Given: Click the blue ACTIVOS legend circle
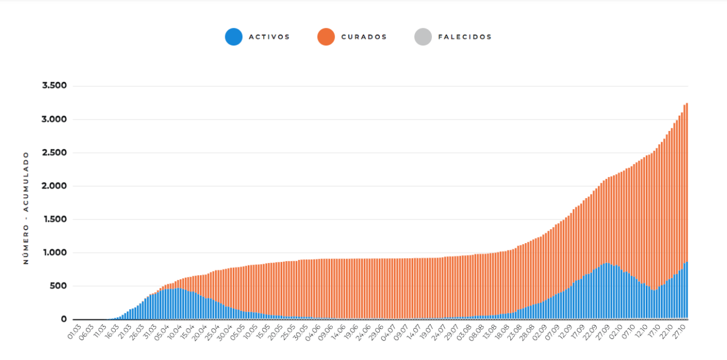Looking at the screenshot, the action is coord(234,37).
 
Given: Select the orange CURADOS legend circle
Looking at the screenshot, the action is coord(326,37).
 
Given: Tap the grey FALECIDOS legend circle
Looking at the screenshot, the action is coord(423,37).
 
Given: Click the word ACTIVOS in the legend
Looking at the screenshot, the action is coord(270,37).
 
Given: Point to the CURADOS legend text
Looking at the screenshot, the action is coord(364,37).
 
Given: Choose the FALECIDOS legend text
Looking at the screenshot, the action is coord(465,37).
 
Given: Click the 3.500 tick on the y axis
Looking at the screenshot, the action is coord(54,85).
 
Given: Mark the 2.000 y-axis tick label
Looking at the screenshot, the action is coord(54,186).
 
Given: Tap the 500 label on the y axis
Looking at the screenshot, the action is coord(58,286).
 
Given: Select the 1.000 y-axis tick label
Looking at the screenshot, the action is coord(55,253).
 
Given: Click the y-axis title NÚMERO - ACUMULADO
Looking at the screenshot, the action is coord(26,208).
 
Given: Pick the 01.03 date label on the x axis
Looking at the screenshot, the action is coord(75,332).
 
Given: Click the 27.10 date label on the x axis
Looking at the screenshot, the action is coord(680,332).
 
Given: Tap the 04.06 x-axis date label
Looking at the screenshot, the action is coord(313,332).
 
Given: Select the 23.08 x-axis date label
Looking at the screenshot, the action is coord(514,332).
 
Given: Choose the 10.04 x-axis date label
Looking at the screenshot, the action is coord(174,332).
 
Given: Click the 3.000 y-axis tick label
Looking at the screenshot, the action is coord(54,119).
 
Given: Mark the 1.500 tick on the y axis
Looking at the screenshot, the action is coord(55,219).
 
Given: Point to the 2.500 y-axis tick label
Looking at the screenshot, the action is coord(54,153).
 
